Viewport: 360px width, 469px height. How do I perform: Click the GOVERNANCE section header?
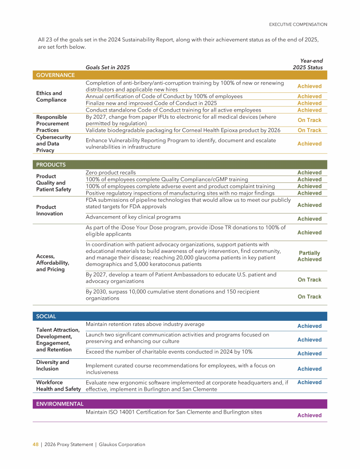[55, 75]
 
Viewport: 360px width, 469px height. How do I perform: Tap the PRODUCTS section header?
[51, 165]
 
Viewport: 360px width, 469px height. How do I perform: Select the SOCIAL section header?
[46, 317]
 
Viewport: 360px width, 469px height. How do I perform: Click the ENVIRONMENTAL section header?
[60, 404]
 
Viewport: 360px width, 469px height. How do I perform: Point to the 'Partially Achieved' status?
[309, 256]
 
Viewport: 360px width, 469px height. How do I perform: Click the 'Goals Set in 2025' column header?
[108, 68]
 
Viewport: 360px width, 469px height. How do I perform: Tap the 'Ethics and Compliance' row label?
[49, 97]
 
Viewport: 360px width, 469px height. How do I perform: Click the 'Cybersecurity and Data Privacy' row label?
[52, 144]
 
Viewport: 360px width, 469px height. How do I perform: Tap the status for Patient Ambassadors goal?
[309, 280]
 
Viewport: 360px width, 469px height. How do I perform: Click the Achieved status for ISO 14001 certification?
[309, 416]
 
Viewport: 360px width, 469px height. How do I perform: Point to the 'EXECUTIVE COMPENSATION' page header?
[298, 24]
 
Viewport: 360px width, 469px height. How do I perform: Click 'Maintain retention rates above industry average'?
[145, 325]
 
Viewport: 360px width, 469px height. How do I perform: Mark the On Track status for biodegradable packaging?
[309, 130]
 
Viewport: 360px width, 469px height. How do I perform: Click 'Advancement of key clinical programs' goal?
[133, 217]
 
